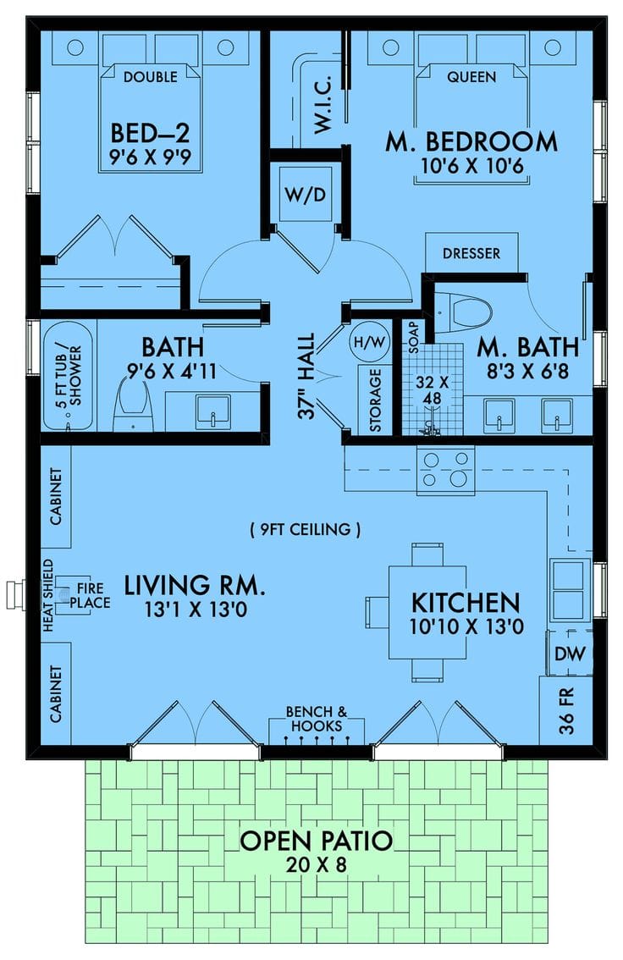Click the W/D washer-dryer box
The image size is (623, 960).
[305, 195]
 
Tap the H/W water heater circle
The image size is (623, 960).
[366, 341]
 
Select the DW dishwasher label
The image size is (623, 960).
[565, 653]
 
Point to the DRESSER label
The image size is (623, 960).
[471, 253]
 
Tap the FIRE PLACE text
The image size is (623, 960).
[94, 595]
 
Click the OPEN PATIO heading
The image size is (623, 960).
[316, 841]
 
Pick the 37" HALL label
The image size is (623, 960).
[306, 376]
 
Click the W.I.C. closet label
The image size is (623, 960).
[325, 110]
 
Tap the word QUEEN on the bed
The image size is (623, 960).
[471, 77]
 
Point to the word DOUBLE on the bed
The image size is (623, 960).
[150, 77]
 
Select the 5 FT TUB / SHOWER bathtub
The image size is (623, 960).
[66, 375]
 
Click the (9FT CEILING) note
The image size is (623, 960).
[306, 531]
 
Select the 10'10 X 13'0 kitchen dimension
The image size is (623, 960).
[465, 628]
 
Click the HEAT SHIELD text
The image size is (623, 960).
[48, 595]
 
